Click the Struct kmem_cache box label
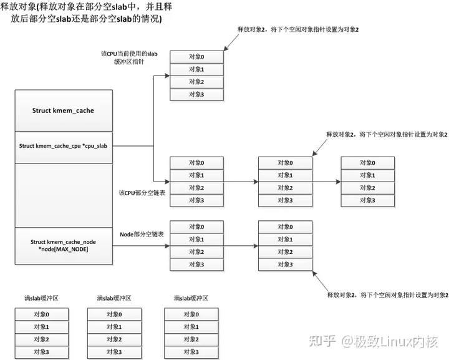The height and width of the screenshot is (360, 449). coord(63,110)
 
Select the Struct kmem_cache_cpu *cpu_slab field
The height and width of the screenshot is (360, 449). coord(63,146)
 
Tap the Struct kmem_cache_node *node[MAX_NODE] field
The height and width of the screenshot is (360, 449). coord(63,245)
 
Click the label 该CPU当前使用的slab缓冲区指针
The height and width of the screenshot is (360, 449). coord(129,58)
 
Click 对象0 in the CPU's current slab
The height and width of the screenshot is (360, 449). coord(196,57)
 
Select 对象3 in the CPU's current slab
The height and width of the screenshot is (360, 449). coord(196,94)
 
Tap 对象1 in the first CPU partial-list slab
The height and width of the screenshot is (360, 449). coord(196,175)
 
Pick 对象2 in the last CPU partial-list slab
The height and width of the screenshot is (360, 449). coord(367,188)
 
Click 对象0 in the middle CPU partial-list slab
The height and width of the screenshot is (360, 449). coord(286,163)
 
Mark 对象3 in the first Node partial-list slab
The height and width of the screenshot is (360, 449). coord(196,265)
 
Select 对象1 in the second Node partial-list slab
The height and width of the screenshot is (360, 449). coord(286,240)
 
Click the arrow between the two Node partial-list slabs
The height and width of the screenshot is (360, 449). coord(240,246)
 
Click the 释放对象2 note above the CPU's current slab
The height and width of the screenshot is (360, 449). coord(300,30)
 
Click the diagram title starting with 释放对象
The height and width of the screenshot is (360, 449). coord(87,12)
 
